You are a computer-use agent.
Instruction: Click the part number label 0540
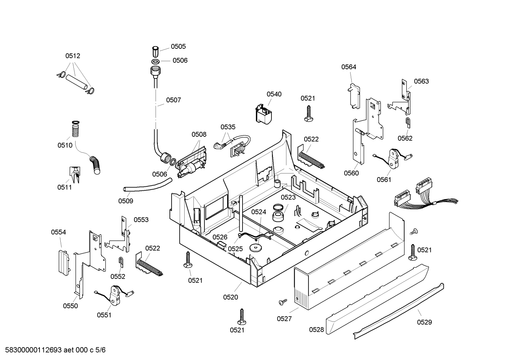[x=274, y=94]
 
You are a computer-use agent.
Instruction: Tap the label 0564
[x=349, y=67]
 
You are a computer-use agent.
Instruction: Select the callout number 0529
[x=425, y=322]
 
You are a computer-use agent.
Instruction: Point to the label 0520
[x=230, y=297]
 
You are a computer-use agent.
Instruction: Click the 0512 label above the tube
[x=73, y=56]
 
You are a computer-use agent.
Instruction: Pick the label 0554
[x=58, y=232]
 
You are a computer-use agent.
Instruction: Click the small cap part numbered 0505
[x=155, y=52]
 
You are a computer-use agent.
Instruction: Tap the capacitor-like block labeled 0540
[x=264, y=114]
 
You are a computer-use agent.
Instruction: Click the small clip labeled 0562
[x=408, y=123]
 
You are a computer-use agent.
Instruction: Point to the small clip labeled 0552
[x=121, y=262]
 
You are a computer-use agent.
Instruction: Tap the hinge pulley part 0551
[x=115, y=295]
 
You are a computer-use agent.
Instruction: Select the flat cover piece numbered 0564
[x=354, y=96]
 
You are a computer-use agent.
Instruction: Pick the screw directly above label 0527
[x=283, y=302]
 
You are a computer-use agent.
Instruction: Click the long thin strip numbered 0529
[x=398, y=311]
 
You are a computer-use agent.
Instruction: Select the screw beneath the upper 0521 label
[x=309, y=113]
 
